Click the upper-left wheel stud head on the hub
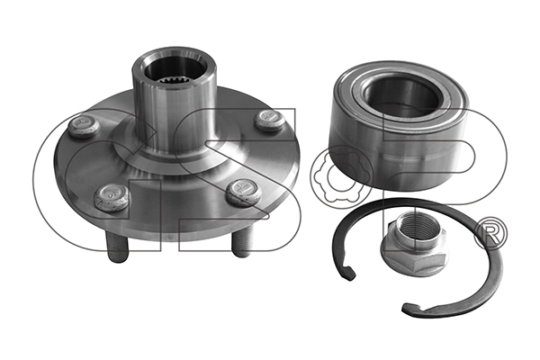pos(84,126)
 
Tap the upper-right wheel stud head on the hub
pos(270,120)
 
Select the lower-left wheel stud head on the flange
pos(112,197)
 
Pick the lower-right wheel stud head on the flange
pos(244,192)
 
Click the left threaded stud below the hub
pos(117,247)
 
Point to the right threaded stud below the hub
pos(242,244)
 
